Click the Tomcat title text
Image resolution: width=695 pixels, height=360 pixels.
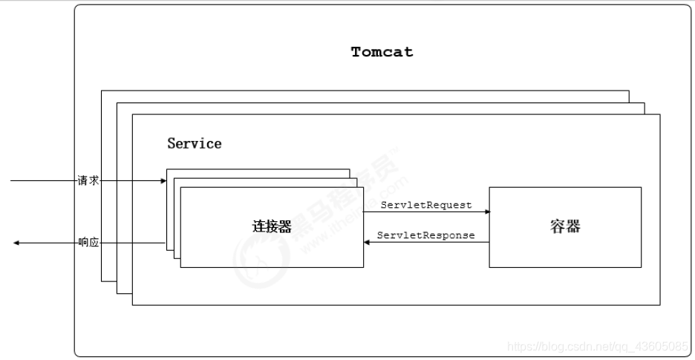pos(382,53)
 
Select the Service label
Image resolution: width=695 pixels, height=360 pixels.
pos(194,143)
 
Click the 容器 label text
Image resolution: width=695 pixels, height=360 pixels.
pos(564,226)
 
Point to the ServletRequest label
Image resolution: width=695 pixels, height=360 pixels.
pos(425,205)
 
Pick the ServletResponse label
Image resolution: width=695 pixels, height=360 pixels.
pos(425,235)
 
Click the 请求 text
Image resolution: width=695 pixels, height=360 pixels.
pos(88,180)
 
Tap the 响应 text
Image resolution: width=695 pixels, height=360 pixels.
pos(88,243)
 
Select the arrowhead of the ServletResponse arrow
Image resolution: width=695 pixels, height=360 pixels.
pos(366,243)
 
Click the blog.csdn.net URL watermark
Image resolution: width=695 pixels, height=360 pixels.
pos(598,346)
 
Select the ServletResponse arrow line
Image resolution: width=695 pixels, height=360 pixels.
pos(427,243)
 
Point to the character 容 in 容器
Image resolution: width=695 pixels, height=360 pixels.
pos(557,226)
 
